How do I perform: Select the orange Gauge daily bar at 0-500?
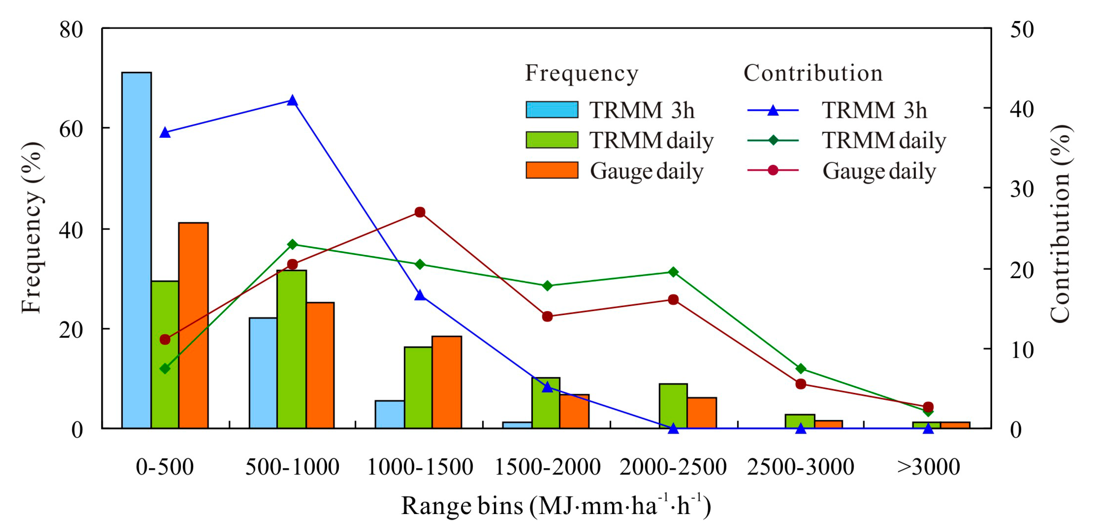pyautogui.click(x=194, y=325)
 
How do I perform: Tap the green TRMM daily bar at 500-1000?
pyautogui.click(x=292, y=349)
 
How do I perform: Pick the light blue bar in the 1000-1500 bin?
pyautogui.click(x=390, y=414)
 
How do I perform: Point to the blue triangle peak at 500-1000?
pyautogui.click(x=292, y=101)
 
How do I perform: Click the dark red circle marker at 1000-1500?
pyautogui.click(x=420, y=212)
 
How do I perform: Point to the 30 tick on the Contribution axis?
pyautogui.click(x=1022, y=189)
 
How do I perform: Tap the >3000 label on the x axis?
pyautogui.click(x=928, y=467)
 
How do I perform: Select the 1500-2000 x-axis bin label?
pyautogui.click(x=547, y=467)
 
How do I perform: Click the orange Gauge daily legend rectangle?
pyautogui.click(x=552, y=170)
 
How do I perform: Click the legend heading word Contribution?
pyautogui.click(x=813, y=73)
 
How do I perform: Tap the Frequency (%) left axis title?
pyautogui.click(x=32, y=227)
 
